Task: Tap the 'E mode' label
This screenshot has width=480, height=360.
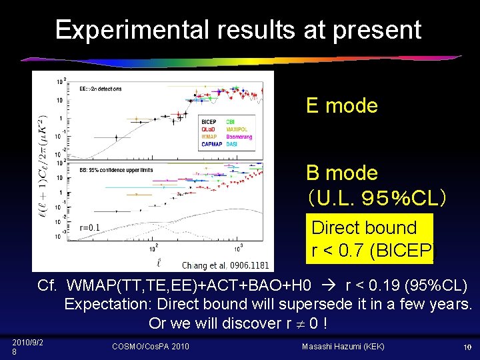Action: (341, 105)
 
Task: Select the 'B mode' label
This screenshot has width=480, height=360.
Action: (341, 173)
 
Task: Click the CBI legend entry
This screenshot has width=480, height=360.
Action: (230, 122)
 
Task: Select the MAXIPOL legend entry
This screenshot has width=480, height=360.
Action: (237, 129)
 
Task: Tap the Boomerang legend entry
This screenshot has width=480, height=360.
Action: (239, 137)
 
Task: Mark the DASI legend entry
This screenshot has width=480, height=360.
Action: (232, 144)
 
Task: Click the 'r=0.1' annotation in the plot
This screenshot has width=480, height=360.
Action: (89, 227)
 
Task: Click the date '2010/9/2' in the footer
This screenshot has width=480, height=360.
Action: (27, 342)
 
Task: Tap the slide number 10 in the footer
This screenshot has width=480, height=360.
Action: (467, 347)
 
